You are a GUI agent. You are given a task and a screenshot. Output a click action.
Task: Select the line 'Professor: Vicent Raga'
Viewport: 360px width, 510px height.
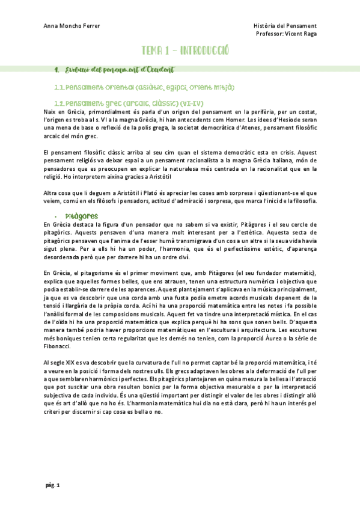point(286,34)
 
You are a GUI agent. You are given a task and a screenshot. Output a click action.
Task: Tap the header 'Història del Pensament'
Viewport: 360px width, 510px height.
point(285,26)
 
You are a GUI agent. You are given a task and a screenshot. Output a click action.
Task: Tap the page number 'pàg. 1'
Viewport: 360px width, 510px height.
point(53,485)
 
